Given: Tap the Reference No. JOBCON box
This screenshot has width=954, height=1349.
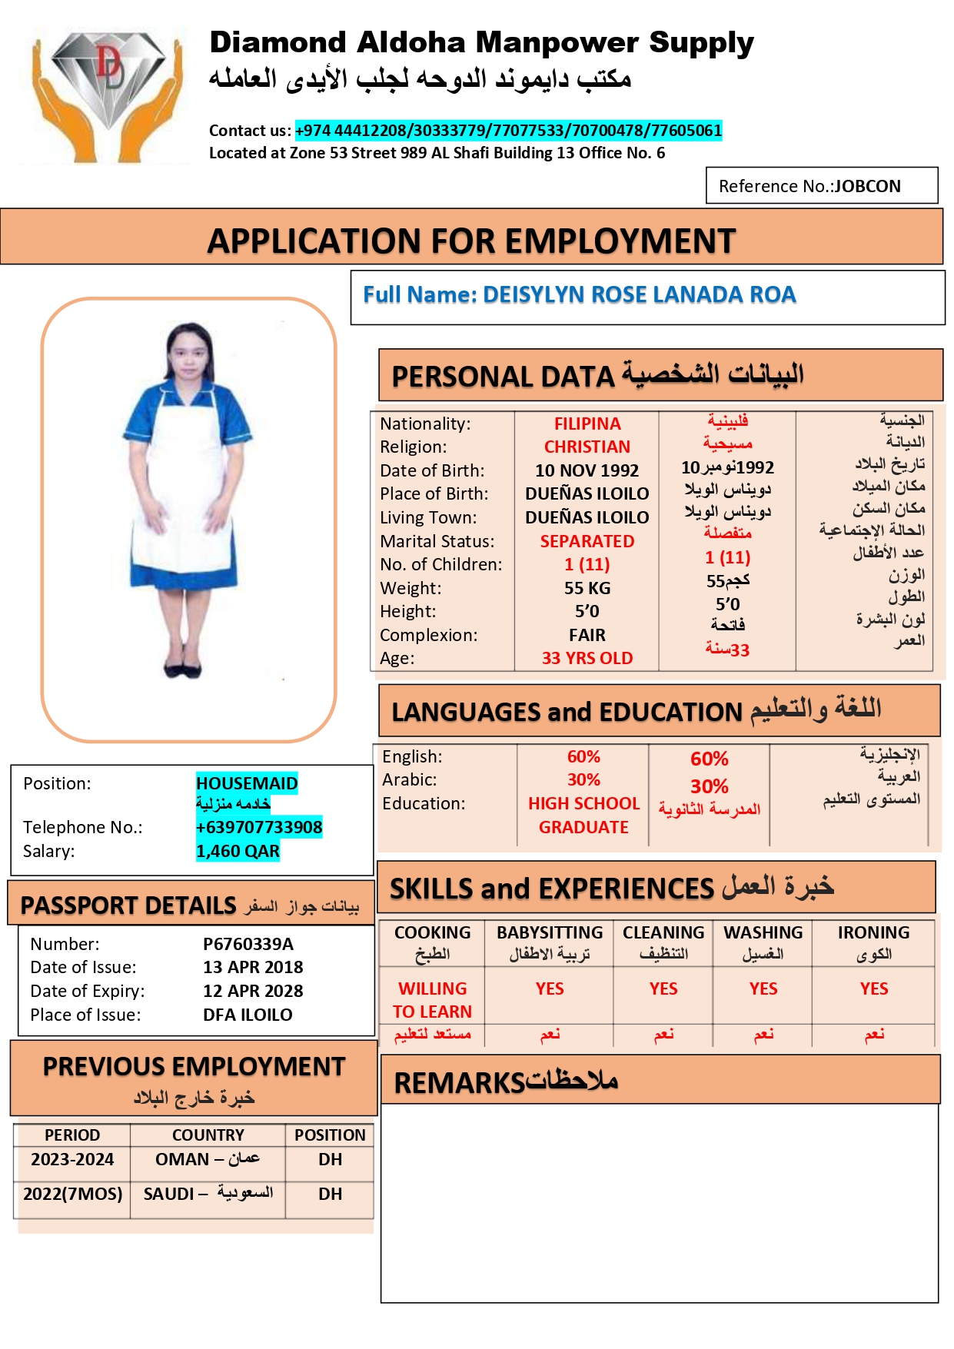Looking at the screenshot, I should (821, 186).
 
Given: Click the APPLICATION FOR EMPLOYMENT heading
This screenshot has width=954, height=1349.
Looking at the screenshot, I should (471, 241).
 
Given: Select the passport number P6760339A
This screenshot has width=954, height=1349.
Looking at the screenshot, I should (248, 944).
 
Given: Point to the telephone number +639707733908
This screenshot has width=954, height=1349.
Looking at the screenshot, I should (258, 827).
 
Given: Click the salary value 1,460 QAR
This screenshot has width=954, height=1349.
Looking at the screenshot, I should (238, 851).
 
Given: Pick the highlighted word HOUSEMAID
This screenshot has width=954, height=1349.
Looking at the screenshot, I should (246, 783).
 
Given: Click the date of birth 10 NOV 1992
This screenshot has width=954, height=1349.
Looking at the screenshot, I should (587, 470).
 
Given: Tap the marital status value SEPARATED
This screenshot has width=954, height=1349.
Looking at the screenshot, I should (587, 541).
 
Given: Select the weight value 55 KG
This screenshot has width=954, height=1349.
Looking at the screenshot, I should (587, 588).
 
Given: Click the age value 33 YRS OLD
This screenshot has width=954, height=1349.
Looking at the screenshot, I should (587, 658).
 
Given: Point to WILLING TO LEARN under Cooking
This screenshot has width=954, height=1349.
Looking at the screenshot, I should (432, 999).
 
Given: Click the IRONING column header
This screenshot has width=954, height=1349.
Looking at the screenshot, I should (873, 933).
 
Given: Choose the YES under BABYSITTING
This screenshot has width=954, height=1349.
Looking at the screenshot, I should (550, 988).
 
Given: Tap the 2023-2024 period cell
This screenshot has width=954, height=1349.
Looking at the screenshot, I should (72, 1159).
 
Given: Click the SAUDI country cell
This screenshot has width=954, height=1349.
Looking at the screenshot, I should (208, 1194).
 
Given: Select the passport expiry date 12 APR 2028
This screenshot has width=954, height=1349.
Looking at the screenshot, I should (253, 991).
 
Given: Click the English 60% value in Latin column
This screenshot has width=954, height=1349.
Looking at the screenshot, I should (583, 757).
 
